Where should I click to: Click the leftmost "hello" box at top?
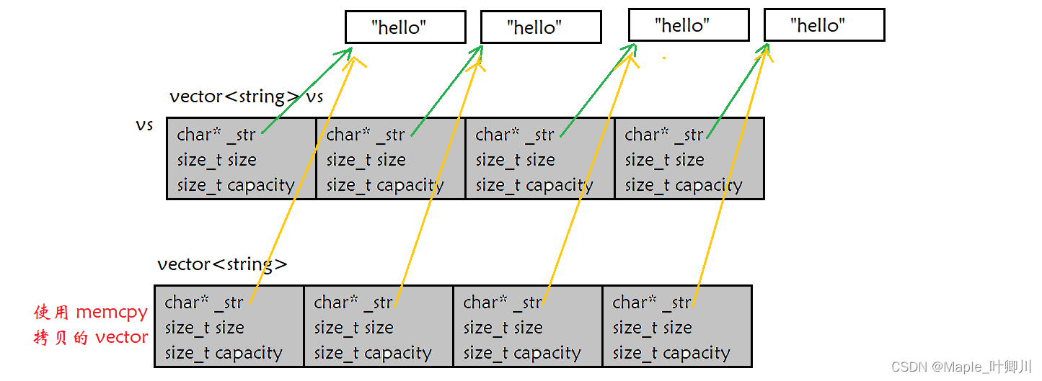point(405,27)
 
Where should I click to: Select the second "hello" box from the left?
point(541,28)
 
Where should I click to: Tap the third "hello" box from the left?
point(689,25)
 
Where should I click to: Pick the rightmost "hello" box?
point(824,25)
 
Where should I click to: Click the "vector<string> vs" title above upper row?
point(246,97)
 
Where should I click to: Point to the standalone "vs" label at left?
point(144,125)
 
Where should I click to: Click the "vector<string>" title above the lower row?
point(222,264)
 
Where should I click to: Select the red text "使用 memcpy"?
point(91,313)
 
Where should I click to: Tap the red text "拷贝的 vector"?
point(91,337)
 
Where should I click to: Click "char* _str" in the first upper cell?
point(216,135)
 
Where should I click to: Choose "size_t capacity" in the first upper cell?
point(236,185)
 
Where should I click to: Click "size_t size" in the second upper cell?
point(366,160)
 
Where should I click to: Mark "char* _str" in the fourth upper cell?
point(663,135)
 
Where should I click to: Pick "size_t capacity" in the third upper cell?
point(534,185)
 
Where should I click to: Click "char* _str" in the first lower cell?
point(203,302)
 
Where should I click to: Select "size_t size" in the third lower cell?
point(503,328)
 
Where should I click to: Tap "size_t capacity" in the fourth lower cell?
point(671,354)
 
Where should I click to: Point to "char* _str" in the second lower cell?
point(353,302)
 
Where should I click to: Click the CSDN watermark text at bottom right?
point(962,367)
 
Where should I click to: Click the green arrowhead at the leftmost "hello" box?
point(348,52)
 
